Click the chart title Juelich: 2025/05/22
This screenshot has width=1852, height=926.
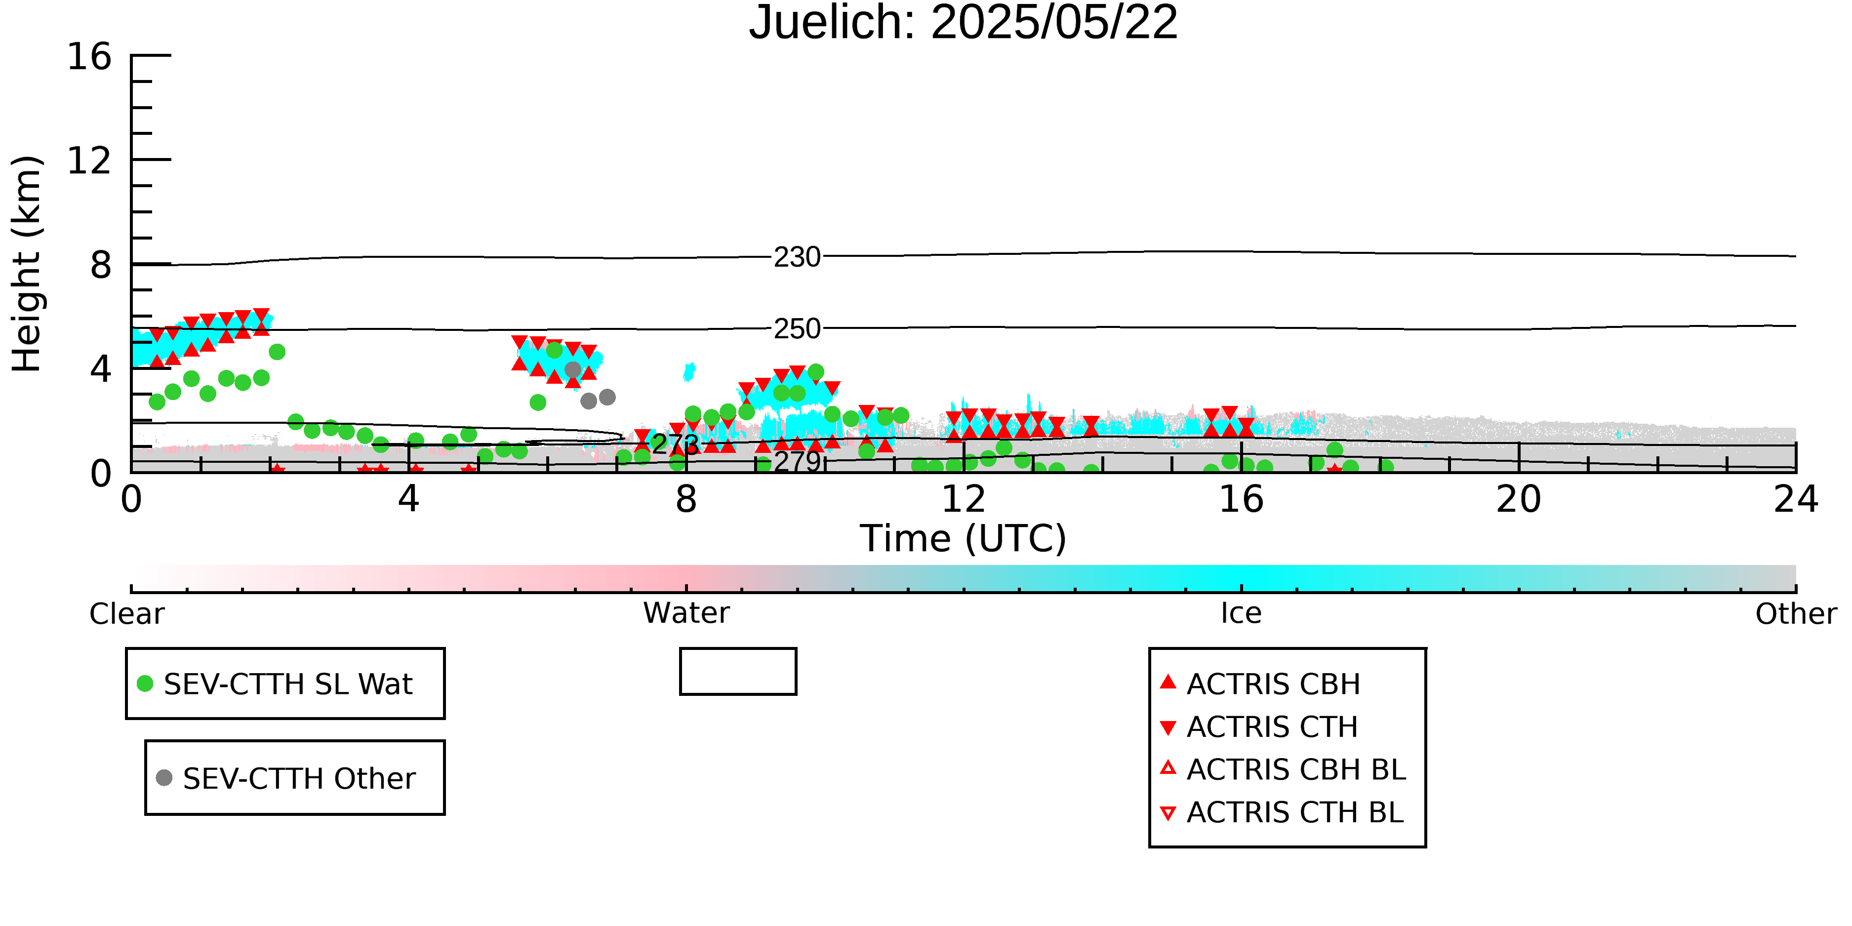[x=964, y=23]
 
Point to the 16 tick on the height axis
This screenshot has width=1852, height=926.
[x=89, y=56]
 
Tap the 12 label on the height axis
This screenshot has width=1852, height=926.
[x=89, y=161]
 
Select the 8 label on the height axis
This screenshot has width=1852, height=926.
[x=101, y=265]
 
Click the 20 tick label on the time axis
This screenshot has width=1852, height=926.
[x=1519, y=499]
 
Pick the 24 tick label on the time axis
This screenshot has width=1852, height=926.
[x=1796, y=499]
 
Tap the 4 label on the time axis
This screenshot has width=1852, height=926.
[x=409, y=499]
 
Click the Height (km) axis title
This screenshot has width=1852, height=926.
[x=27, y=264]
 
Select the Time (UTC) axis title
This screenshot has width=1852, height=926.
[x=964, y=538]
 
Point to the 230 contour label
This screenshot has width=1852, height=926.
[x=797, y=257]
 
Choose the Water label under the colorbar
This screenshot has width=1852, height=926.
[x=686, y=613]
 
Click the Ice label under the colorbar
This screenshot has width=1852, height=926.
[x=1241, y=613]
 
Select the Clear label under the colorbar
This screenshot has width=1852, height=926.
[x=127, y=614]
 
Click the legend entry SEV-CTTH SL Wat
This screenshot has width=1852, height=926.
[x=276, y=684]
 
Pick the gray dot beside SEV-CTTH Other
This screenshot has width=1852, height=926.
[x=164, y=777]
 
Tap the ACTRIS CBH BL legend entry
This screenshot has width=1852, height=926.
[x=1284, y=769]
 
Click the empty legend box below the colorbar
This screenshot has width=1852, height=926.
[x=738, y=649]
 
